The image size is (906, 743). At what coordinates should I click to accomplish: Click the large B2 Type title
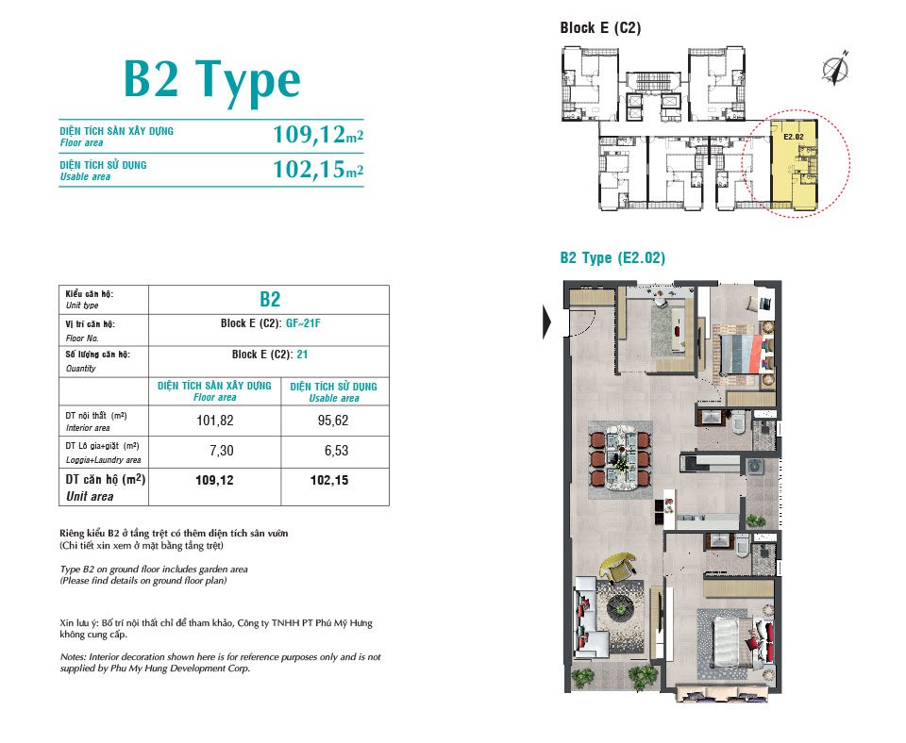pos(212,81)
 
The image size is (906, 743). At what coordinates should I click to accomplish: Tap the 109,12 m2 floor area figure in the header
pos(318,135)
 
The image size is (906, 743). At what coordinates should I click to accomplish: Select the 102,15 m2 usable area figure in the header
pos(318,169)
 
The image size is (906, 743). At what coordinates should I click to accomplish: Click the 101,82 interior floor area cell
pos(215,421)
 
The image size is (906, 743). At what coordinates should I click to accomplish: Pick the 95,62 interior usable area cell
pos(333,421)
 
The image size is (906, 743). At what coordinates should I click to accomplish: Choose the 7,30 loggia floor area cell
pos(221,451)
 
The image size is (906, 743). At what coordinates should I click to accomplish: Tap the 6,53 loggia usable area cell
pos(336,451)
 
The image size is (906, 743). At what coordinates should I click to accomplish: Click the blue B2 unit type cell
pos(270,299)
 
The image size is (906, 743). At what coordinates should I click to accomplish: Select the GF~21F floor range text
pos(303,323)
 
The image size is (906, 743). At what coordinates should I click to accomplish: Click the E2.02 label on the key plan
pos(794,137)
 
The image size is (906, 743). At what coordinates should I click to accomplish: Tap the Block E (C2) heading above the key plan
pos(600,27)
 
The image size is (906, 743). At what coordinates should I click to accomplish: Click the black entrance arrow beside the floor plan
pos(547,321)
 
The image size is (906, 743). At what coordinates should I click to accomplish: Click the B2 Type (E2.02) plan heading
pos(612,257)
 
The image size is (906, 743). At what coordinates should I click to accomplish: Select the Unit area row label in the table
pos(90,497)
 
